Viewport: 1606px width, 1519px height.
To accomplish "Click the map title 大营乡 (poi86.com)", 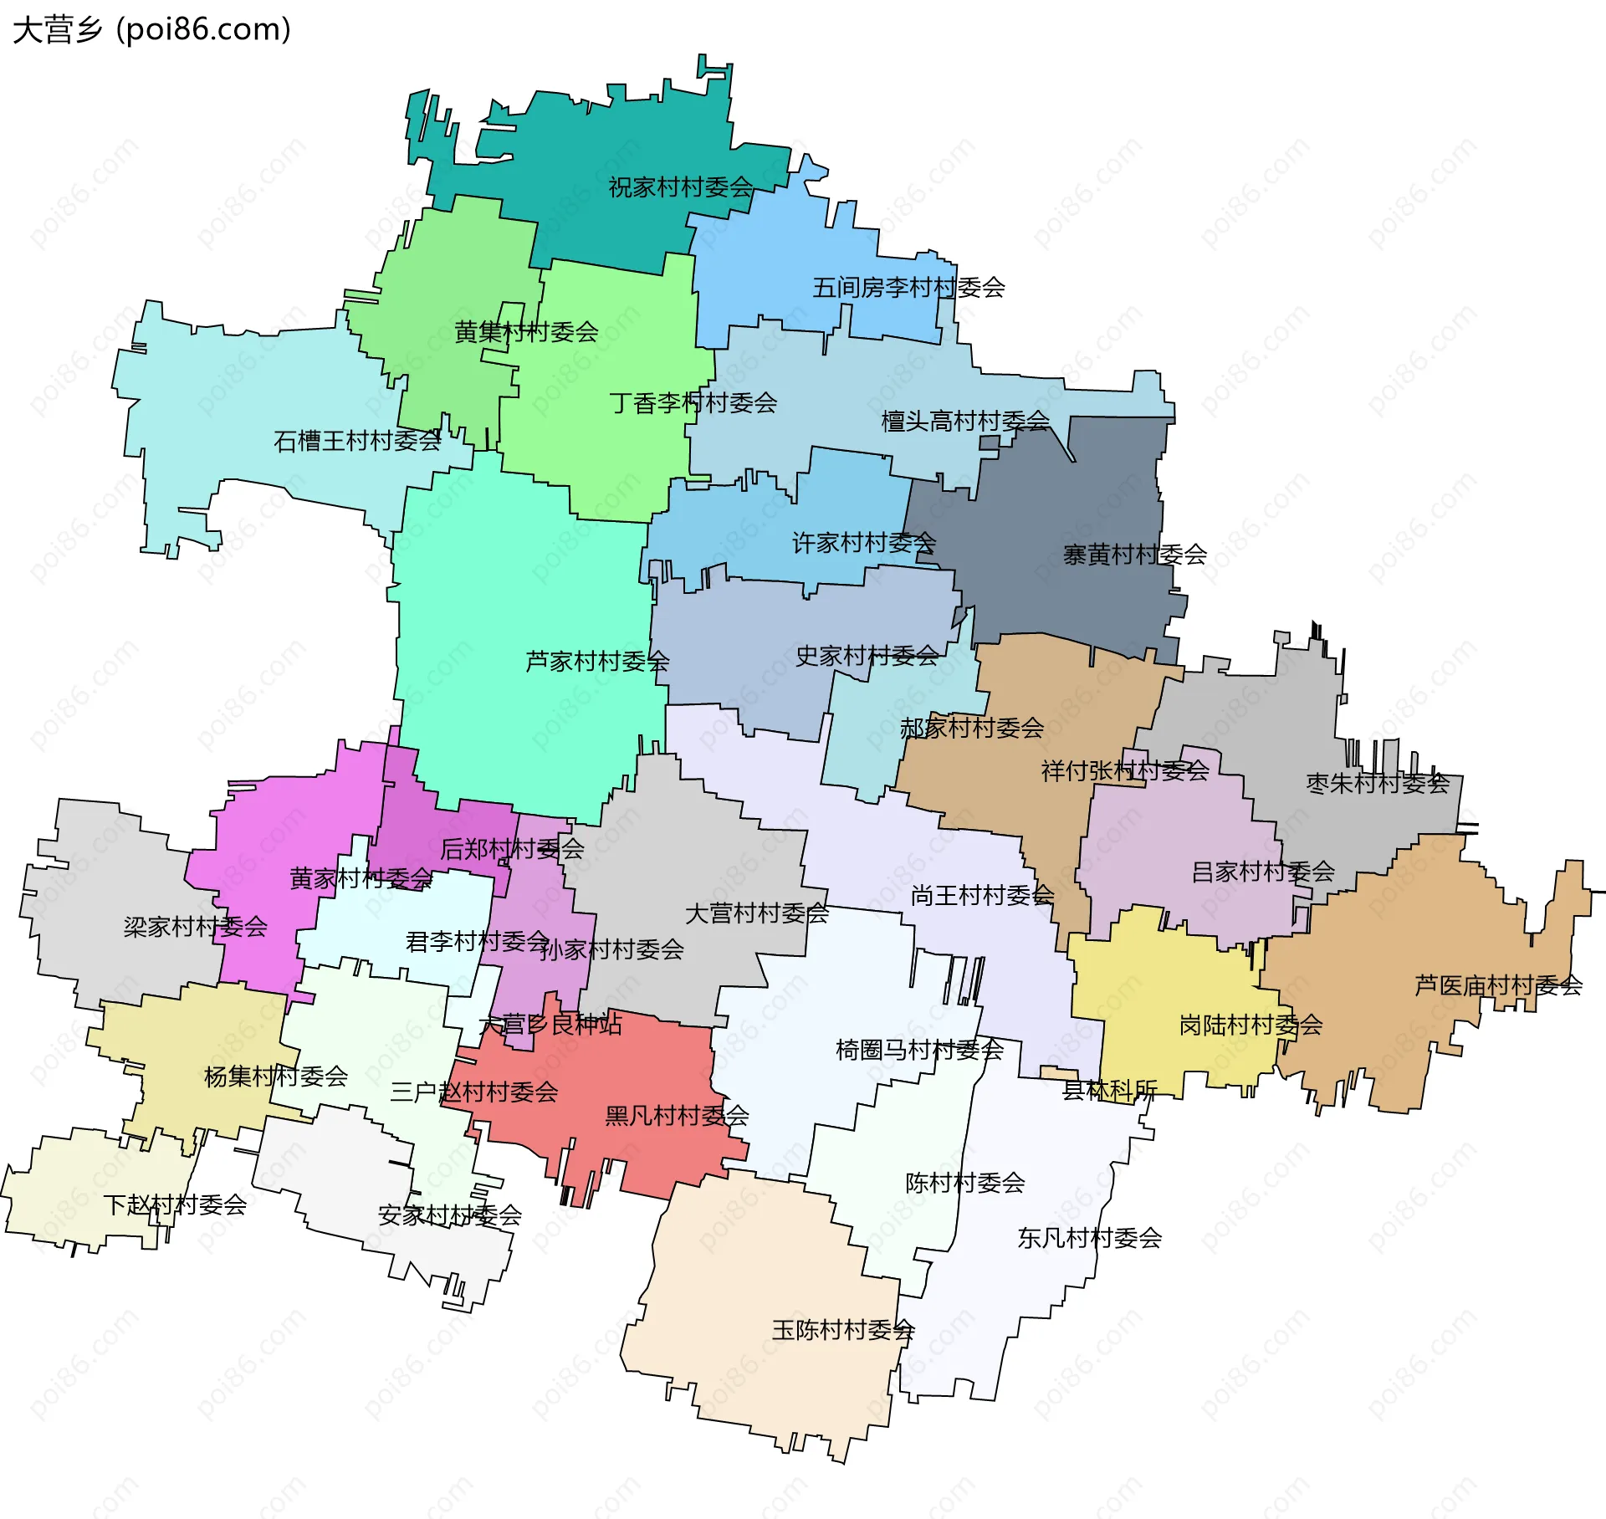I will point(152,30).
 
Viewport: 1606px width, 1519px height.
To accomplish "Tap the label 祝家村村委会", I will point(680,187).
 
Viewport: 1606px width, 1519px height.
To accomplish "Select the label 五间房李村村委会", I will point(908,288).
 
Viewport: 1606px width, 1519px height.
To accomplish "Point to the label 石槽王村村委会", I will point(357,441).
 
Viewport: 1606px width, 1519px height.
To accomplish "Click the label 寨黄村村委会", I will point(1134,555).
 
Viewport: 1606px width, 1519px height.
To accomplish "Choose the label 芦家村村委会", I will point(597,662).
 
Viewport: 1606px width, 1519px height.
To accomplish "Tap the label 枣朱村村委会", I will point(1377,784).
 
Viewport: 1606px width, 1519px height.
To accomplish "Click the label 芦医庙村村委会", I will point(1498,985).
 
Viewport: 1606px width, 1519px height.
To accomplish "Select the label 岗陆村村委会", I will point(1251,1025).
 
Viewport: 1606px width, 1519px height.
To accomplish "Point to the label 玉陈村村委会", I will point(843,1330).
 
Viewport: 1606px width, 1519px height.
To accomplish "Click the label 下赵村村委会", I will point(175,1204).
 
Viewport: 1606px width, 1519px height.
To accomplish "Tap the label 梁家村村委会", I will point(195,927).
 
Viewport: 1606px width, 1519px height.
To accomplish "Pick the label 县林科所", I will point(1109,1090).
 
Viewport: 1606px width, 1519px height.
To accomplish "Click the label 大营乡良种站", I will point(550,1024).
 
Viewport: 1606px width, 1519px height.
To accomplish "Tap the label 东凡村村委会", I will point(1089,1238).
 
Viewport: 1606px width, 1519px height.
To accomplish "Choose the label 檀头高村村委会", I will point(965,421).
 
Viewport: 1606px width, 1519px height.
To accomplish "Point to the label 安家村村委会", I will point(450,1215).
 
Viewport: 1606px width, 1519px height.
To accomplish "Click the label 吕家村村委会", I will point(1262,872).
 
